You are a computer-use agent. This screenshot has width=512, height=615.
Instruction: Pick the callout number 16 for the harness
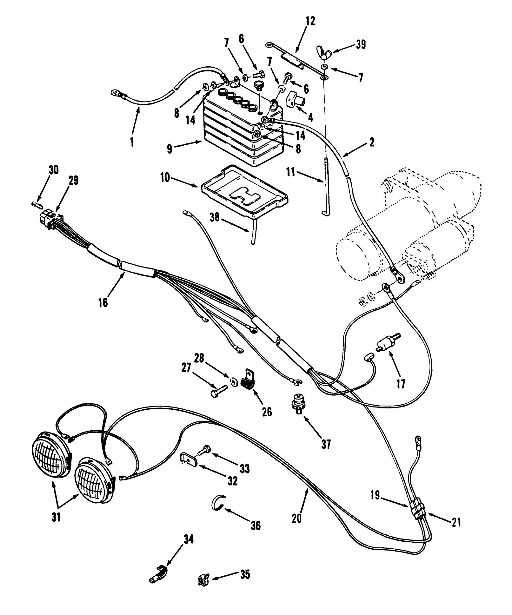103,302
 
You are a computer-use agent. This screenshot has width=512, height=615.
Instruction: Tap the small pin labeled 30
37,204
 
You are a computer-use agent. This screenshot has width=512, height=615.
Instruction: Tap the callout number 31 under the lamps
56,518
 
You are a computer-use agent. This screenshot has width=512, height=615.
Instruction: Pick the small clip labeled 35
202,580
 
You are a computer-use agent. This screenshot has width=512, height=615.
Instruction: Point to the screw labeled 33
205,449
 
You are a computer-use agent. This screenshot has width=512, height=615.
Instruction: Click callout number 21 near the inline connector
455,522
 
